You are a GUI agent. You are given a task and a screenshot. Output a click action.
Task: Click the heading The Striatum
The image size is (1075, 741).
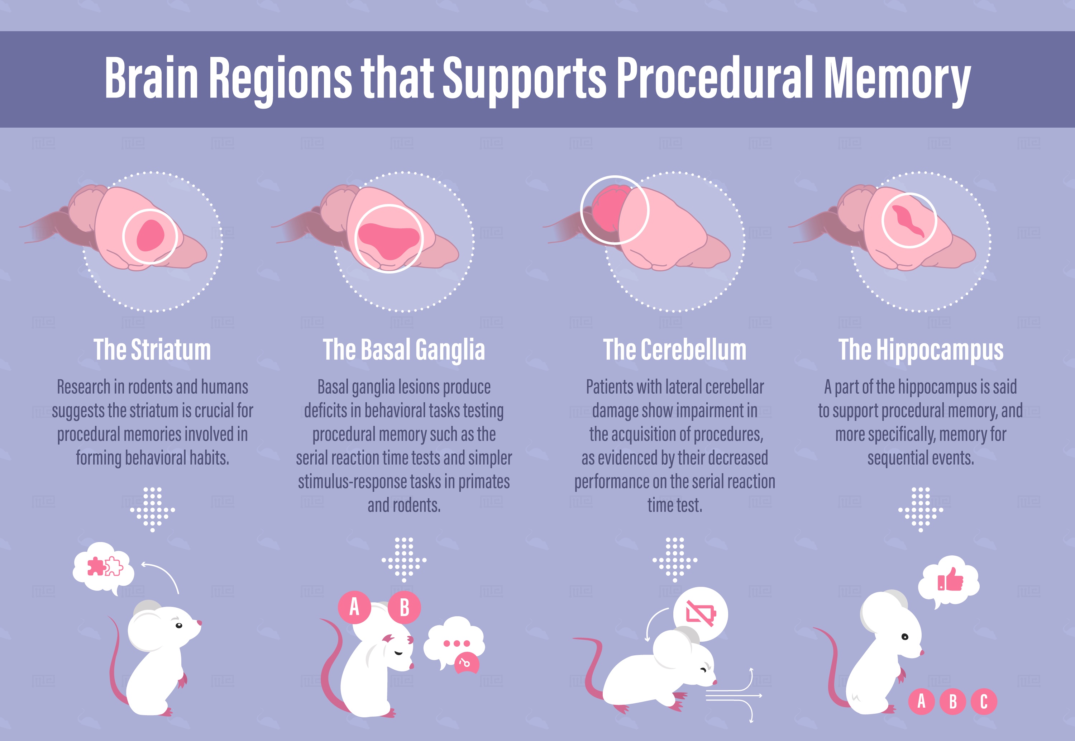pyautogui.click(x=152, y=350)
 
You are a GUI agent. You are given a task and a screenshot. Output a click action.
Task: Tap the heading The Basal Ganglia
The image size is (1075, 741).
pyautogui.click(x=403, y=350)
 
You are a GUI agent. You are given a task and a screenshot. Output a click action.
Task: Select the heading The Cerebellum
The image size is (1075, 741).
pyautogui.click(x=675, y=350)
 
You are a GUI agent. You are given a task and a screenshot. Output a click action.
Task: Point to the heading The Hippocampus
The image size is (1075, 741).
pyautogui.click(x=921, y=350)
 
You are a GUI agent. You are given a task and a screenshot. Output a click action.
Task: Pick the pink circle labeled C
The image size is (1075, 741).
pyautogui.click(x=984, y=701)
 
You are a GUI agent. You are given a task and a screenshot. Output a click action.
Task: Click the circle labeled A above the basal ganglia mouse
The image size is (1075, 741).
pyautogui.click(x=354, y=607)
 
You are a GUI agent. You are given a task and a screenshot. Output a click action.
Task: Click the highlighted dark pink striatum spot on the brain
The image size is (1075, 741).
pyautogui.click(x=150, y=236)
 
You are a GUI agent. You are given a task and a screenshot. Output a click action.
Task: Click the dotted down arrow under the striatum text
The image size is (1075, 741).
pyautogui.click(x=153, y=509)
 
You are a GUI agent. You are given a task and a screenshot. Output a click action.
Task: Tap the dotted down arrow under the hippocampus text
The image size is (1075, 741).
pyautogui.click(x=921, y=509)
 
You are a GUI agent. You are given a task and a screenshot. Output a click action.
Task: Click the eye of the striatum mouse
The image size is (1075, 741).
pyautogui.click(x=178, y=626)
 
